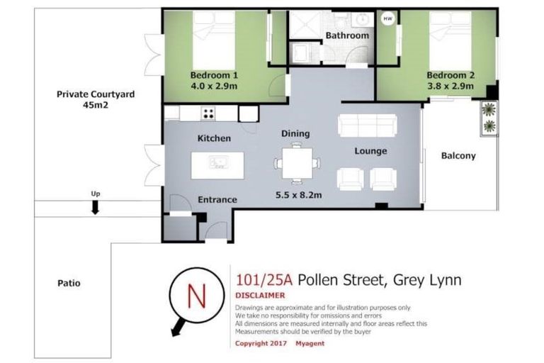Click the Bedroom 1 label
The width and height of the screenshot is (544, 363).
[x=213, y=75]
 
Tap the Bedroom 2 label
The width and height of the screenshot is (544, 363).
[x=450, y=75]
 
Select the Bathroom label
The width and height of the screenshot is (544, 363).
[x=346, y=35]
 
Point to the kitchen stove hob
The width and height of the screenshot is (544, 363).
[x=209, y=113]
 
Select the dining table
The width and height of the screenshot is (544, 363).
[x=295, y=162]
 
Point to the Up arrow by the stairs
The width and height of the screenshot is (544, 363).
[x=95, y=206]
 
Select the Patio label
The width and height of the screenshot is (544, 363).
[x=69, y=284]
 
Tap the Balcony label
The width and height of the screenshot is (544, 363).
[x=458, y=156]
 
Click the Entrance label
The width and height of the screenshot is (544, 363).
[x=217, y=200]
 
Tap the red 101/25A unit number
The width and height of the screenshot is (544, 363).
[x=263, y=280]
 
